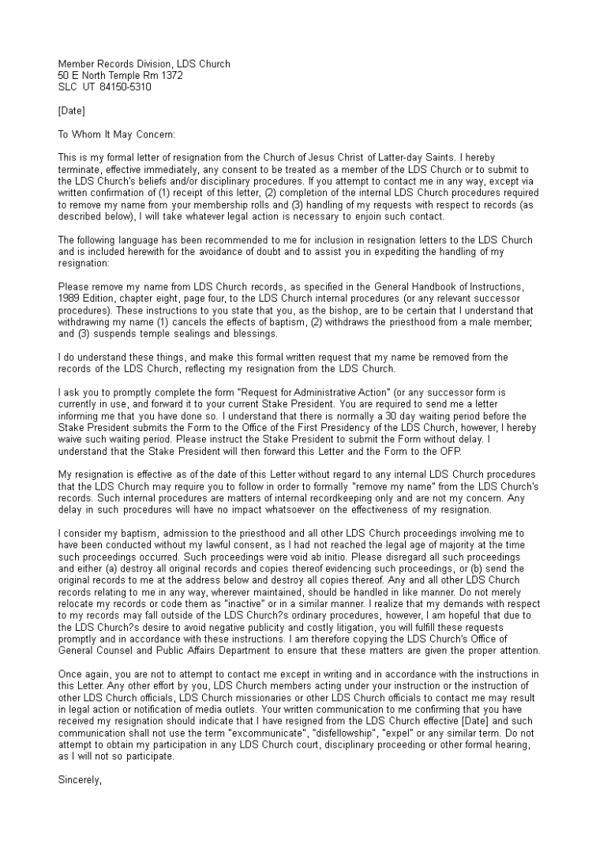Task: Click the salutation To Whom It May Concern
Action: pos(117,134)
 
